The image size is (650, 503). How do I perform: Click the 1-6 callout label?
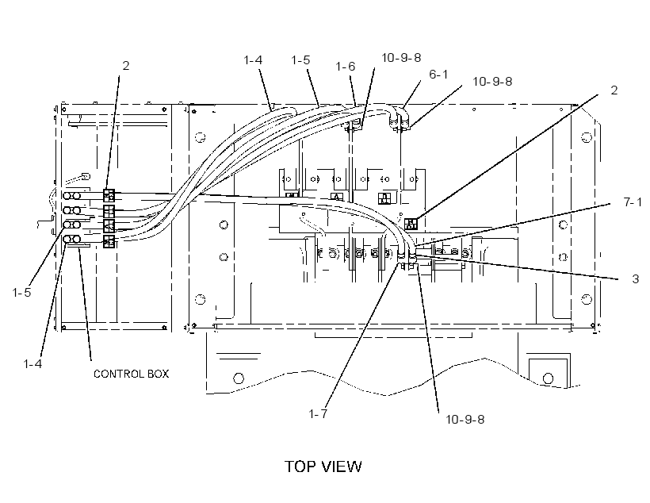(x=345, y=67)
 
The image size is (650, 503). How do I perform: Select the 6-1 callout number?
(x=438, y=75)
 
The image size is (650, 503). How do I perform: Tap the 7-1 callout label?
(x=633, y=202)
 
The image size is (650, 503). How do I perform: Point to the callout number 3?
(x=636, y=279)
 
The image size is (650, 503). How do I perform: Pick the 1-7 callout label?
(x=318, y=414)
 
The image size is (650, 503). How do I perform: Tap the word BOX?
(x=159, y=374)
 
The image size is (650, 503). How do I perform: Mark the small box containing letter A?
(x=337, y=197)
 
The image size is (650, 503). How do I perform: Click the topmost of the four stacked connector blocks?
(x=109, y=195)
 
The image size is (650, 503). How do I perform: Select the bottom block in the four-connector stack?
(x=109, y=241)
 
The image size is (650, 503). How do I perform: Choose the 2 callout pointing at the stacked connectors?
(x=125, y=66)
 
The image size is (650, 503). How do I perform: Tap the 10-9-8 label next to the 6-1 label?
(x=492, y=82)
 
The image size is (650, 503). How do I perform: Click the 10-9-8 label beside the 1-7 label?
(x=465, y=420)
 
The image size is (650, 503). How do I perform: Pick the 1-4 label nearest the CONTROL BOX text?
(x=32, y=364)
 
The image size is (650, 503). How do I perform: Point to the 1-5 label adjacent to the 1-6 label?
(x=300, y=60)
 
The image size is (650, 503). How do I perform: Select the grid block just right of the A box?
(x=384, y=198)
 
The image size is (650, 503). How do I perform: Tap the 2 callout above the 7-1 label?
(x=614, y=90)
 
